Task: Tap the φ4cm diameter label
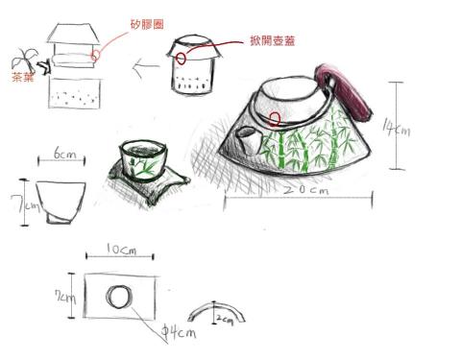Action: pos(179,332)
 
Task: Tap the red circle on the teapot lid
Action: pos(277,120)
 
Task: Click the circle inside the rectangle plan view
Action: pos(118,297)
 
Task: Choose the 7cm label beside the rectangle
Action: pos(66,296)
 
